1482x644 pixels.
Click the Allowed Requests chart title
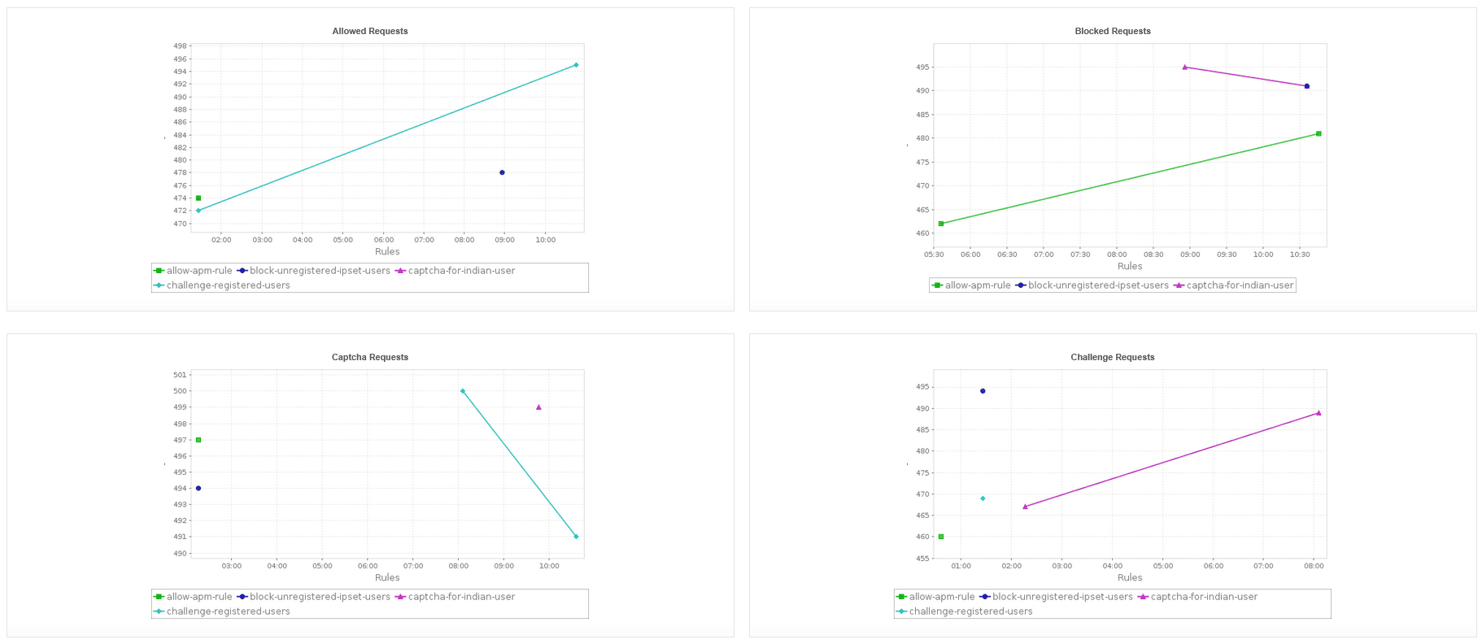pyautogui.click(x=370, y=31)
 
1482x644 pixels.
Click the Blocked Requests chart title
pyautogui.click(x=1112, y=31)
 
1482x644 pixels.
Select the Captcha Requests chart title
pyautogui.click(x=370, y=357)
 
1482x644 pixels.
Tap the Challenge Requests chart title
pyautogui.click(x=1112, y=357)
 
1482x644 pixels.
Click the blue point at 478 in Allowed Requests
pyautogui.click(x=502, y=172)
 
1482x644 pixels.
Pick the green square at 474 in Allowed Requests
pyautogui.click(x=198, y=198)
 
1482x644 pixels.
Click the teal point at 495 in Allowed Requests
pyautogui.click(x=576, y=65)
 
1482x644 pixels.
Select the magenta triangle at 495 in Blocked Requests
pyautogui.click(x=1184, y=67)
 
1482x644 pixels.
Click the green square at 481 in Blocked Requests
pyautogui.click(x=1319, y=133)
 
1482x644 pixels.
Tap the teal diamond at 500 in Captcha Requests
pyautogui.click(x=463, y=391)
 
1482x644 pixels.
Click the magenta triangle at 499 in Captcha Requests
pyautogui.click(x=538, y=407)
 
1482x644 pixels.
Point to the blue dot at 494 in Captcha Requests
pyautogui.click(x=198, y=489)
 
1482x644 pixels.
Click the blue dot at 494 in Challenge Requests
pyautogui.click(x=983, y=391)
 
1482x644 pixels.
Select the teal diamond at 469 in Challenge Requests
pyautogui.click(x=983, y=498)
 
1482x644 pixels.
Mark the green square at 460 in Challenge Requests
pyautogui.click(x=941, y=537)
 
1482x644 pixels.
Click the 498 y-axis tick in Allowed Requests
pyautogui.click(x=180, y=46)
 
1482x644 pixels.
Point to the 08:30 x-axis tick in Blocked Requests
pyautogui.click(x=1153, y=255)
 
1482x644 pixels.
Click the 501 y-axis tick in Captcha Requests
pyautogui.click(x=180, y=375)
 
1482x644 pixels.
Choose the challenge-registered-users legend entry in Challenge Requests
pyautogui.click(x=970, y=611)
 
